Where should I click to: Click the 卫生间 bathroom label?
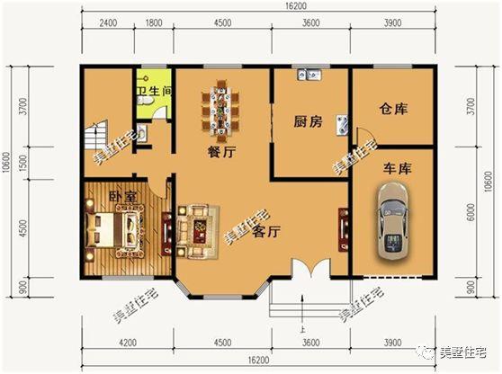(153, 92)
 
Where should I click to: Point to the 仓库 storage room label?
(393, 109)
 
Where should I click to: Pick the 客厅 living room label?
(267, 232)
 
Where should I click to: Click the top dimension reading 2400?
(108, 22)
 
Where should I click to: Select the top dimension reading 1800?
(154, 22)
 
